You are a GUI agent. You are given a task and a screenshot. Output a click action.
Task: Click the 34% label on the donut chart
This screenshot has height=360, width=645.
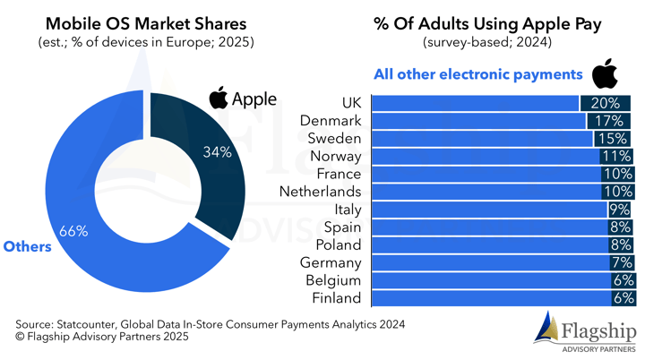218,152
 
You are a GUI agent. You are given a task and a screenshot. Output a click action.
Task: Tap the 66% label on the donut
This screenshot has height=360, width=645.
73,231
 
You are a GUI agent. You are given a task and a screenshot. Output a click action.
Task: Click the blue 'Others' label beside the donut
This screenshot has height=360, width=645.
28,246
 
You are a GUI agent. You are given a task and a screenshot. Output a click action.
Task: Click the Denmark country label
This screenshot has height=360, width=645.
332,120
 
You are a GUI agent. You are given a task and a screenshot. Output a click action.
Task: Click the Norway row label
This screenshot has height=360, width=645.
335,156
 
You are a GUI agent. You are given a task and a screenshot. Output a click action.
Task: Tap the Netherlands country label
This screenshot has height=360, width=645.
320,191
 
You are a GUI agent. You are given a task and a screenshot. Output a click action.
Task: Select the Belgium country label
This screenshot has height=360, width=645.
334,279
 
